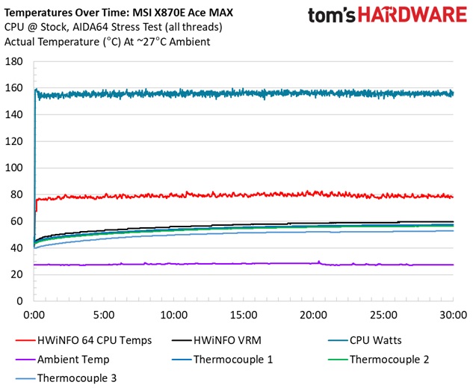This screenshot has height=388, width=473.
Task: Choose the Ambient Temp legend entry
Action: coord(70,360)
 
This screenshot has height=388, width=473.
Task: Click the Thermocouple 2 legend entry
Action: coord(389,360)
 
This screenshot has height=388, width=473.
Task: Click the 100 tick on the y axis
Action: coord(14,168)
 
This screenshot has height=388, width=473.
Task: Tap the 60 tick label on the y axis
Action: coord(16,221)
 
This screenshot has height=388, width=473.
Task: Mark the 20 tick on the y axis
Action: coord(16,274)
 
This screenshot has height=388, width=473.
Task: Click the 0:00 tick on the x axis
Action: coord(34,315)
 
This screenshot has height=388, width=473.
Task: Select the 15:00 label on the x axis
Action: coord(244,315)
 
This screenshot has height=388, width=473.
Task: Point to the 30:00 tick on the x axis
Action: coord(453,315)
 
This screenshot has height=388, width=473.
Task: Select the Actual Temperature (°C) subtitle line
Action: coord(107,42)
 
